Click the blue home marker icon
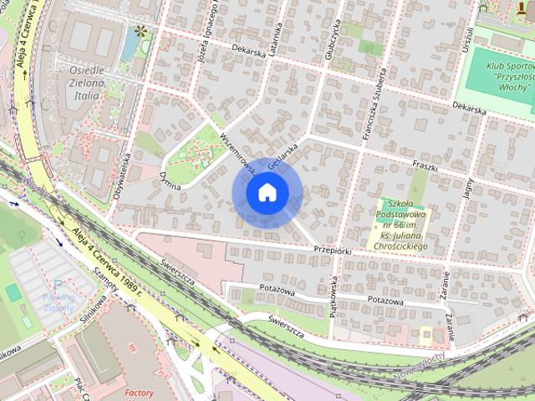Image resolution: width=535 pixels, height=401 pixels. (267, 193)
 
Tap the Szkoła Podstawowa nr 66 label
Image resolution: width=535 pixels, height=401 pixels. (404, 223)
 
